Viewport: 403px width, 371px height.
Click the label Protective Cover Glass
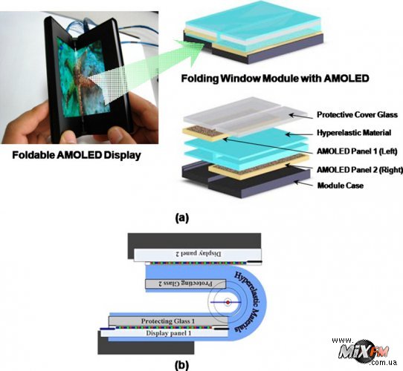357,114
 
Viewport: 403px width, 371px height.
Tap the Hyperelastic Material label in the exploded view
354,133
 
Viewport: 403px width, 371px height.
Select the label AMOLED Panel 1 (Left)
357,151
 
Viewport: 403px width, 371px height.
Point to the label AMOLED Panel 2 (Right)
360,170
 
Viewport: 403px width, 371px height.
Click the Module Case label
341,185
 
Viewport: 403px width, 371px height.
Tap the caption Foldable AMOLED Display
77,155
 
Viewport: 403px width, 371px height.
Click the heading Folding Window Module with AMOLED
275,78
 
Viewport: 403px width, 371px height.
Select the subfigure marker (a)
181,218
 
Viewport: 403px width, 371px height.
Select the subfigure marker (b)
181,365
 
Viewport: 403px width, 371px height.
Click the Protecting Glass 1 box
168,321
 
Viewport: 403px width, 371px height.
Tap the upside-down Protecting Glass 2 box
186,283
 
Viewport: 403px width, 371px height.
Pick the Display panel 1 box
164,333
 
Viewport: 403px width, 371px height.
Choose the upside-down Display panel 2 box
198,254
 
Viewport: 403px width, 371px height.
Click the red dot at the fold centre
228,303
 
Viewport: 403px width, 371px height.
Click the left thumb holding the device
69,136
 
